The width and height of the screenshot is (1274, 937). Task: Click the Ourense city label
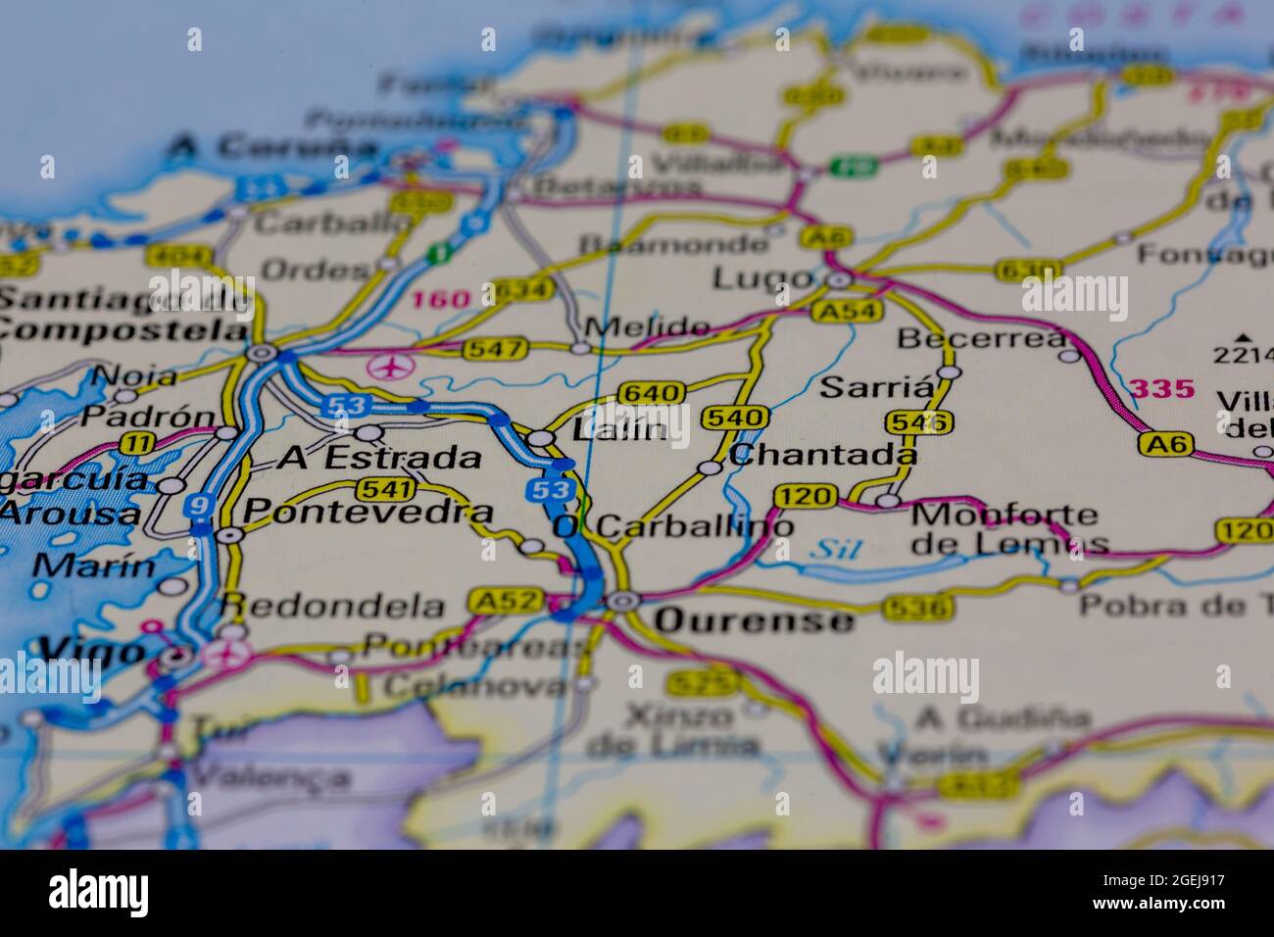coord(754,620)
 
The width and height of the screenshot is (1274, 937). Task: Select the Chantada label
coord(823,455)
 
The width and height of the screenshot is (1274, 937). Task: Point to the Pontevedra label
coord(367,512)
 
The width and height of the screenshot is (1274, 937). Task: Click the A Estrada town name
coord(380,458)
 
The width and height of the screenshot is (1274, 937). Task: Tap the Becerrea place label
coord(982,339)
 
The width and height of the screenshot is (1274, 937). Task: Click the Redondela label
coord(332,606)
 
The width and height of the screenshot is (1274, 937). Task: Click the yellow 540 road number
coord(735,419)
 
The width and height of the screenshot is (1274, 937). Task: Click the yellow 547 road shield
coord(499,348)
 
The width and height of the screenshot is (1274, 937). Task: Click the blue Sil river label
coord(834,550)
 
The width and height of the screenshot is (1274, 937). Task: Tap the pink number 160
coord(442,299)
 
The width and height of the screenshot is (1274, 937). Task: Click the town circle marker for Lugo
coord(838,281)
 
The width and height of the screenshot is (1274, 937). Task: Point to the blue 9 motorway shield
coord(199,506)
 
